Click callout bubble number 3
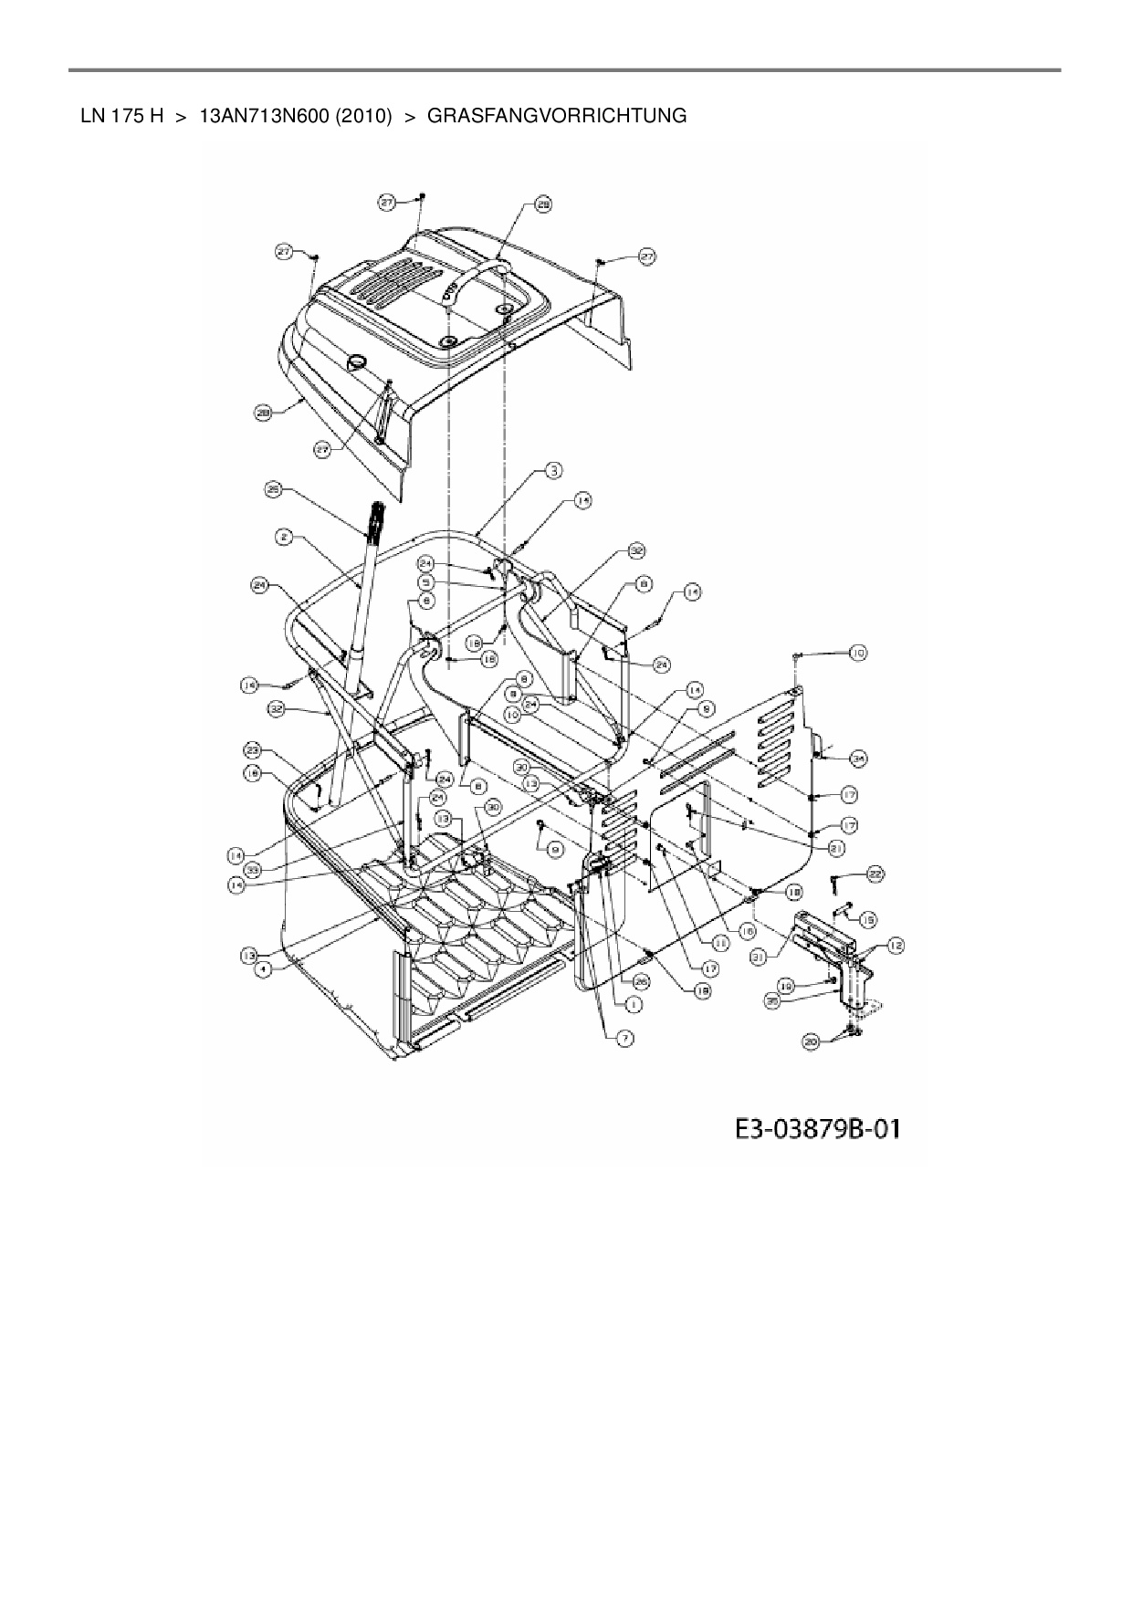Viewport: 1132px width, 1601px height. [553, 471]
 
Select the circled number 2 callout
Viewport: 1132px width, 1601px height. [285, 539]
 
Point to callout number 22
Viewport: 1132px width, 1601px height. [875, 874]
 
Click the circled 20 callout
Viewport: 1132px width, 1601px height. [811, 1040]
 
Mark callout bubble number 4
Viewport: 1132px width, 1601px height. [263, 970]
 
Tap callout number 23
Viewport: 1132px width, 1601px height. [253, 750]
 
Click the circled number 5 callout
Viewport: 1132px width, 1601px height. [426, 581]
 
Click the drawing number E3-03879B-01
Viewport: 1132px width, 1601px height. [817, 1129]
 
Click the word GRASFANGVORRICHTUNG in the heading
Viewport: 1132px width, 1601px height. [557, 116]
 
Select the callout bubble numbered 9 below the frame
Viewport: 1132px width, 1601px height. [553, 849]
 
